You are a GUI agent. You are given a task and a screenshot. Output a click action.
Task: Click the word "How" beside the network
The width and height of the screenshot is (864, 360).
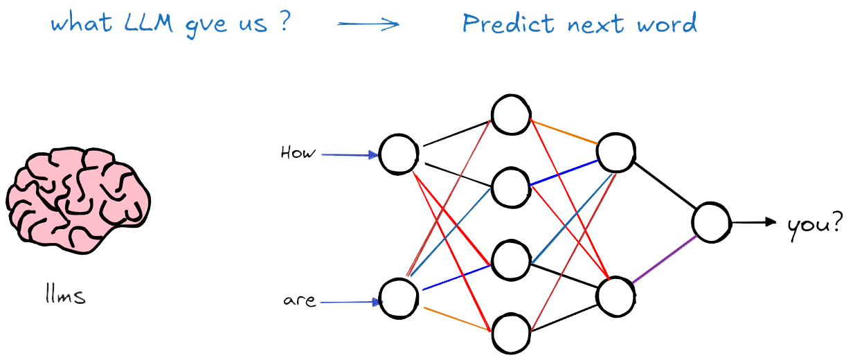coord(297,152)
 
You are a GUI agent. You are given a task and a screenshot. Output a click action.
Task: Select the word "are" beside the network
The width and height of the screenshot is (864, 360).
coord(299,301)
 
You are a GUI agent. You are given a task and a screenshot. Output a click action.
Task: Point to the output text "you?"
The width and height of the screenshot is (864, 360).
coord(815,224)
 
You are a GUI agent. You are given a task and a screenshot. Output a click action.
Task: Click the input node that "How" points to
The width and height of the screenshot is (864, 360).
coord(399,154)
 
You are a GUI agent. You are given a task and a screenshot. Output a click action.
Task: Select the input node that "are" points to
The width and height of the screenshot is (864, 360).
coord(399,297)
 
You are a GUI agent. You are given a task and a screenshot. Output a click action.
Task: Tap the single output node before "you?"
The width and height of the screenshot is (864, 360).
coord(711,222)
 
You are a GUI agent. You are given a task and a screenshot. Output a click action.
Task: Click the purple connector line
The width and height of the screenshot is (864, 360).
coord(665,260)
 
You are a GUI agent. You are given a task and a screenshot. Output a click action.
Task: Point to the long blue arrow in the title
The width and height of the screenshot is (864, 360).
coord(368,24)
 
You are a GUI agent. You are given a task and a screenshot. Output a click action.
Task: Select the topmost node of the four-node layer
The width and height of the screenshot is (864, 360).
coord(511,114)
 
